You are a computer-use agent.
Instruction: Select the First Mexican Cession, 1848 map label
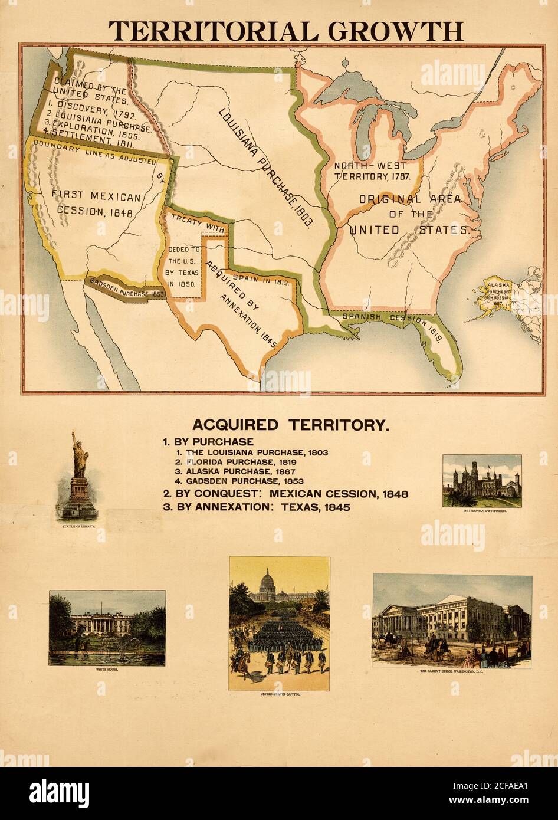[x=96, y=204]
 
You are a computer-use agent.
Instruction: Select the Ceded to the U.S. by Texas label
[x=184, y=266]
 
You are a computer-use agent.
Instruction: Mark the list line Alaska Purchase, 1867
[x=242, y=471]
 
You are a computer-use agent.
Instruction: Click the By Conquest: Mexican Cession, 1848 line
[x=285, y=494]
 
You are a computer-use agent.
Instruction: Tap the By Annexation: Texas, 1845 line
[x=257, y=507]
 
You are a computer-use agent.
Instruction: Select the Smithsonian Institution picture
[x=482, y=480]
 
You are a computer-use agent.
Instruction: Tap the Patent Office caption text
[x=451, y=671]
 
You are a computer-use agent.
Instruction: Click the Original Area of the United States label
[x=410, y=215]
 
